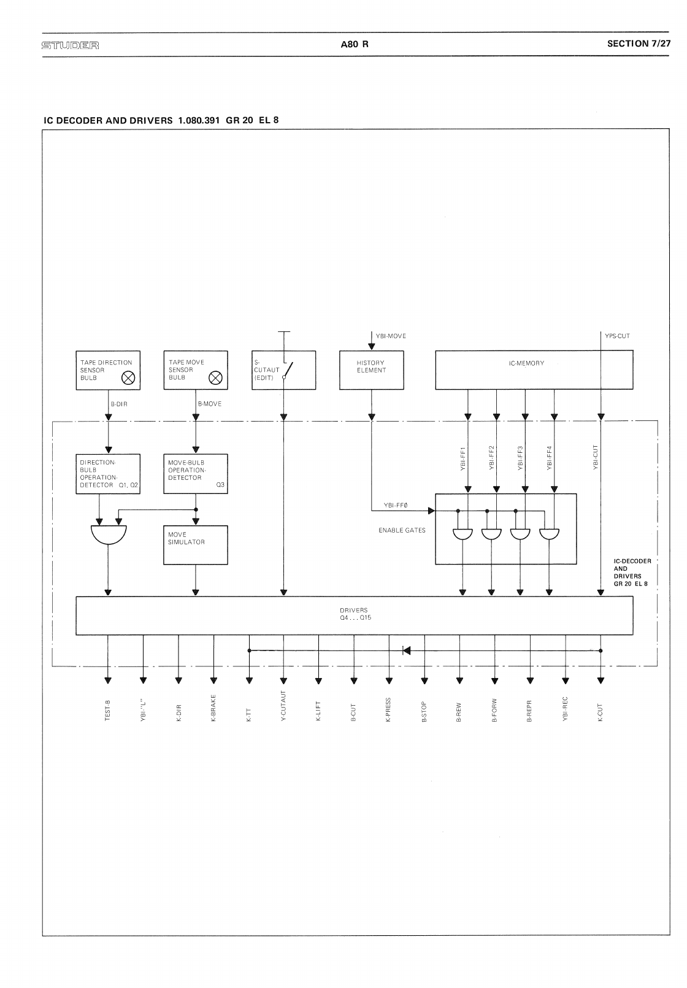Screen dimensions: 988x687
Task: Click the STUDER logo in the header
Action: point(70,45)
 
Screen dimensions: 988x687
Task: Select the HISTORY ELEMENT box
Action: point(371,370)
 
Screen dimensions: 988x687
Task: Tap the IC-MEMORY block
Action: point(534,370)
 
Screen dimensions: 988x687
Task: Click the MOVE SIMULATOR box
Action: point(196,545)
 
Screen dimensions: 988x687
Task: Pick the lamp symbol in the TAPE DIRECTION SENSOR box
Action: point(128,378)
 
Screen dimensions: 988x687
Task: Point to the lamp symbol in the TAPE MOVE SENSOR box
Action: point(216,378)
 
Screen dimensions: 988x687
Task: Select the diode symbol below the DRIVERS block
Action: point(406,650)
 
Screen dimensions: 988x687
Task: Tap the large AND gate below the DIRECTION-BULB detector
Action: point(109,533)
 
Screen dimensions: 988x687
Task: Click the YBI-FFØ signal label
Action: point(396,505)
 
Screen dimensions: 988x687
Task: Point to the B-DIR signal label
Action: point(119,404)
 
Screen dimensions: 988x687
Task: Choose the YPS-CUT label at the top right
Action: point(616,336)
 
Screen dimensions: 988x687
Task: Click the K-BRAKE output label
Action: point(213,709)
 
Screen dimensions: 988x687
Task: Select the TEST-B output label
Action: point(108,710)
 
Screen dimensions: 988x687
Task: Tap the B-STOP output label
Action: point(424,711)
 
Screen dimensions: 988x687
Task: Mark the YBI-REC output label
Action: point(565,708)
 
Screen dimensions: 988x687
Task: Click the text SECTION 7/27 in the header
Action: point(639,44)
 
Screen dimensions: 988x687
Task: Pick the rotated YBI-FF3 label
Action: point(520,458)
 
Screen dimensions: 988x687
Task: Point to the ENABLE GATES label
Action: point(402,530)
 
